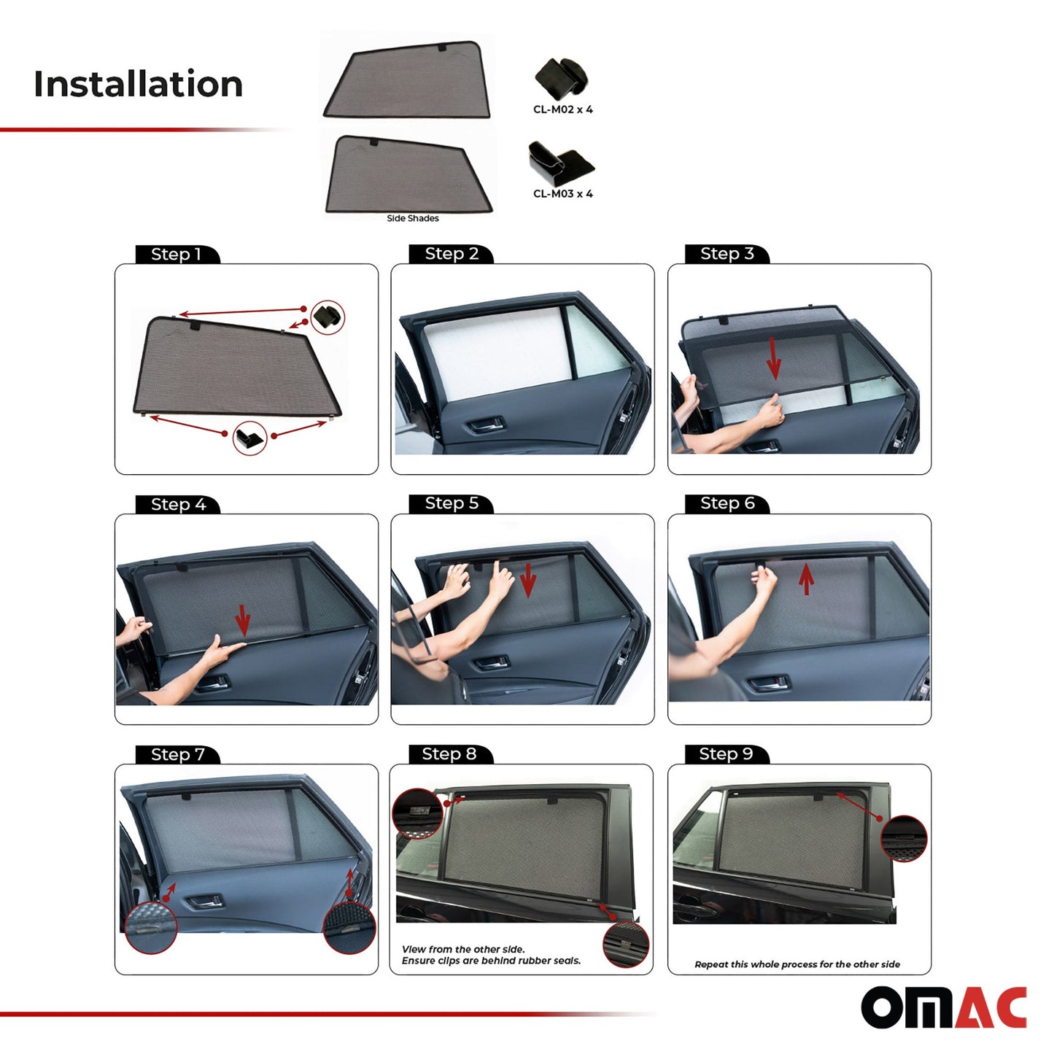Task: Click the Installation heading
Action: tap(138, 84)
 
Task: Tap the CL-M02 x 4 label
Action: tap(562, 110)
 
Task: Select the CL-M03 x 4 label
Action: tap(562, 194)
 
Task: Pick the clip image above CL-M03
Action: tap(560, 163)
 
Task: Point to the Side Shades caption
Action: tap(412, 218)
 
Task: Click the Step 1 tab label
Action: tap(176, 255)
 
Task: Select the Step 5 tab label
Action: tap(452, 503)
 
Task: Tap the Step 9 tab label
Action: tap(726, 754)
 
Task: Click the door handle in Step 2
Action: tap(486, 424)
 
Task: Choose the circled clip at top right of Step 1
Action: tap(328, 317)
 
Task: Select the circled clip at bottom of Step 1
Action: tap(249, 438)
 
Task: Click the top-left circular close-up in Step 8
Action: tap(417, 813)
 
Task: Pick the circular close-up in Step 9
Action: tap(904, 839)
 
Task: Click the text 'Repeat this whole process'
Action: tap(797, 964)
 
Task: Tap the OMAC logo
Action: tap(944, 1008)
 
